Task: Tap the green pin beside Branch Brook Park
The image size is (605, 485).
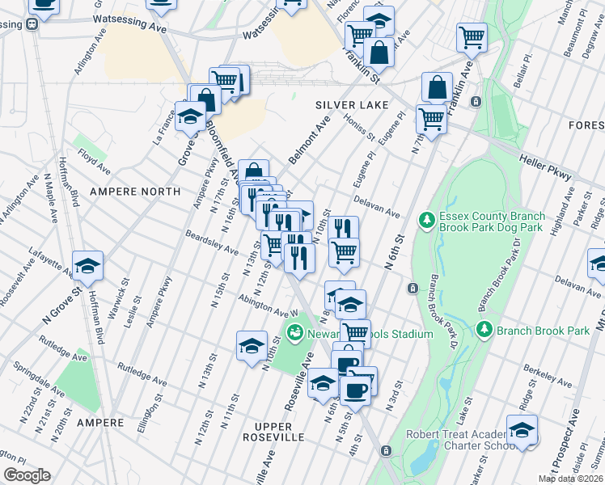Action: click(484, 330)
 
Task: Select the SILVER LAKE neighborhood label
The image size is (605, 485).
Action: click(352, 106)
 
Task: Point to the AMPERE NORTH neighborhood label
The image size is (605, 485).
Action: click(134, 192)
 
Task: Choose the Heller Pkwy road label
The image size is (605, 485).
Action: click(546, 168)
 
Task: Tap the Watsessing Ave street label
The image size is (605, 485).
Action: click(129, 23)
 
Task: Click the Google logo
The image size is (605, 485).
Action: click(27, 475)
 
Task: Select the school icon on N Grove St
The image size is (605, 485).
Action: click(87, 264)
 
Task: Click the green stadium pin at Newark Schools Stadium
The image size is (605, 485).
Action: click(295, 332)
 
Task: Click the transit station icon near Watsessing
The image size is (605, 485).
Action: click(34, 24)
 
